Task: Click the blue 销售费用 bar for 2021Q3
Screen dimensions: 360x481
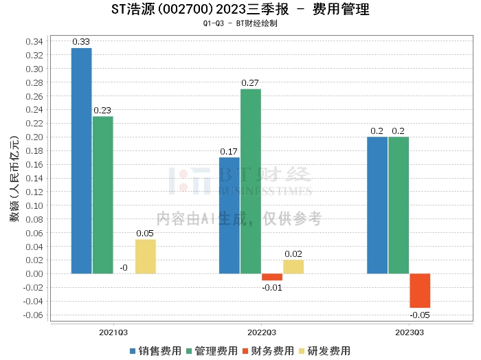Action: (x=82, y=161)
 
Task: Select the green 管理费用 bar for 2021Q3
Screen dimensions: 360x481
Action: (x=103, y=195)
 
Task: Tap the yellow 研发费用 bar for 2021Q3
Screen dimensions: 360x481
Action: (x=145, y=257)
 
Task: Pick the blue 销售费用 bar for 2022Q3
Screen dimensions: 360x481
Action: (x=230, y=216)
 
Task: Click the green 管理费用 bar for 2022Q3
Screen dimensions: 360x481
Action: (x=251, y=181)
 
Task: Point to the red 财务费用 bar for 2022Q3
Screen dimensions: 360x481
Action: (x=272, y=277)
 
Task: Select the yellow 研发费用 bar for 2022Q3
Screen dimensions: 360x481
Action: (x=293, y=267)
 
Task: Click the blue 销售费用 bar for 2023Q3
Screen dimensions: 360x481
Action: (x=377, y=205)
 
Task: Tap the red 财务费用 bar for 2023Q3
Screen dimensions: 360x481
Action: (x=420, y=291)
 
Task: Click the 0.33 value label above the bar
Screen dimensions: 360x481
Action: (x=82, y=43)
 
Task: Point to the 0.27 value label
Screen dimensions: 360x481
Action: (x=251, y=83)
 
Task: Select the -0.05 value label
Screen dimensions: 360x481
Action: (x=420, y=315)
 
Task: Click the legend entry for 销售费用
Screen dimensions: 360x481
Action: (x=156, y=350)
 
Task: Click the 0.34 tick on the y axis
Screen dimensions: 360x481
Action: (x=34, y=41)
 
